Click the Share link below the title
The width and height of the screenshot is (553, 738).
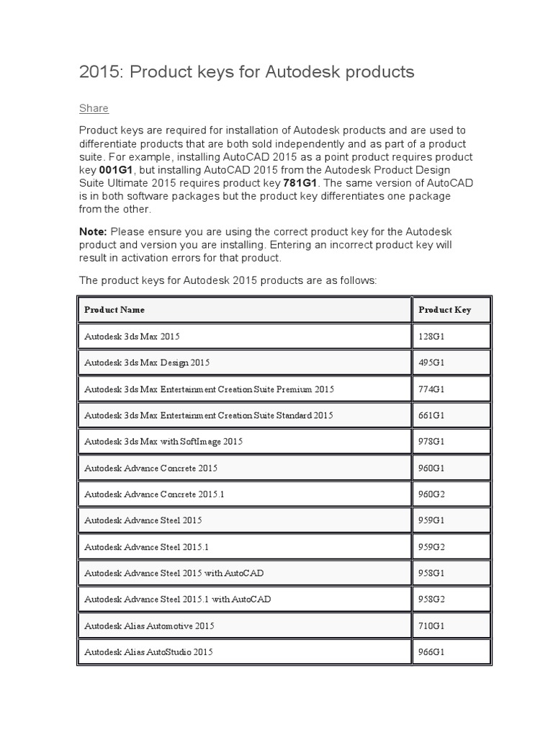[94, 108]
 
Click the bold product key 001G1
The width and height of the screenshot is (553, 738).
[99, 170]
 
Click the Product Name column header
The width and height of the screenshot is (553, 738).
[114, 309]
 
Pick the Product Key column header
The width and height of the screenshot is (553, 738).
[445, 309]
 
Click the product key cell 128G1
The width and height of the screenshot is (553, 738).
[431, 336]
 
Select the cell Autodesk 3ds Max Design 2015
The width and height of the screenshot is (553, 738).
[147, 363]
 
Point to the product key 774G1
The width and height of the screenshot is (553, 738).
[431, 389]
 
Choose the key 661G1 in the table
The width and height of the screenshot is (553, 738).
[431, 415]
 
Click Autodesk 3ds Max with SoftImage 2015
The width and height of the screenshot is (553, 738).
[163, 442]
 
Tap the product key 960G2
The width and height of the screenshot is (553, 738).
[432, 494]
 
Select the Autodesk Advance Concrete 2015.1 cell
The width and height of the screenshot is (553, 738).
[154, 494]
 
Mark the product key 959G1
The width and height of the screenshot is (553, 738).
[431, 520]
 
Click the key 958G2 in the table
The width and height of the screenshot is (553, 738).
[432, 600]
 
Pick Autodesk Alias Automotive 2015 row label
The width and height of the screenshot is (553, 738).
[149, 626]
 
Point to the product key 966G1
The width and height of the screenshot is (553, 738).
[431, 652]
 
